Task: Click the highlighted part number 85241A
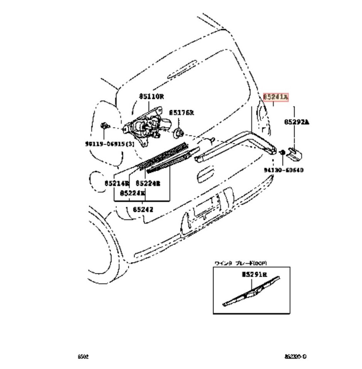click(276, 97)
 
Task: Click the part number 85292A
click(297, 122)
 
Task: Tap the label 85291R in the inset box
click(254, 275)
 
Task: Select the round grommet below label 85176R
click(178, 133)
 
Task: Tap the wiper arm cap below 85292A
click(296, 153)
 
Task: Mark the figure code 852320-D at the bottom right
click(296, 357)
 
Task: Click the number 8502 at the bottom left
click(83, 357)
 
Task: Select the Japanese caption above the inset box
click(241, 263)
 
